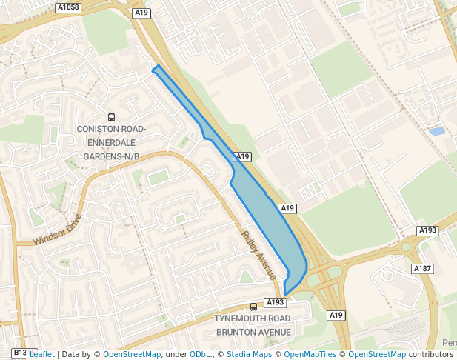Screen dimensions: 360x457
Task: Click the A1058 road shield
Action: coord(68,7)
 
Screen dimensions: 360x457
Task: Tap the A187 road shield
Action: coord(422,268)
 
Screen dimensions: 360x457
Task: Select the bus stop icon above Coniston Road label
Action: coord(111,116)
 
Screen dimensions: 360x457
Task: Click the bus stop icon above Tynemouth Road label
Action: coord(253,307)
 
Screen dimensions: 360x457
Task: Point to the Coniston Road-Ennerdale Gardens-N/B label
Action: coord(111,143)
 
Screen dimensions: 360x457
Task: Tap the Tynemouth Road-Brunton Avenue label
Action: coord(253,325)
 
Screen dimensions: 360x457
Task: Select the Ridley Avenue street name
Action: coord(258,255)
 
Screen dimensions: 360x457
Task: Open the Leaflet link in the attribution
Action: coord(41,354)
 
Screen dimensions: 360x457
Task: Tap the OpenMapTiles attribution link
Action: coord(311,354)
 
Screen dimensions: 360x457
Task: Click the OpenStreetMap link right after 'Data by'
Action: coord(132,354)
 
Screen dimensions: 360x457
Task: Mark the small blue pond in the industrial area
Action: coord(437,131)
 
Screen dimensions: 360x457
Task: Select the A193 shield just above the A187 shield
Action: coord(427,230)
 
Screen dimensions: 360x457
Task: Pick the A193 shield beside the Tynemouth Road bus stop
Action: coord(275,302)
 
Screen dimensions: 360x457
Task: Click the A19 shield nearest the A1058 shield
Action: coord(141,13)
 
